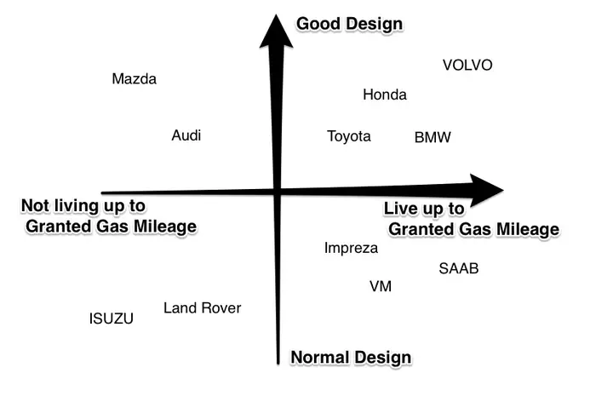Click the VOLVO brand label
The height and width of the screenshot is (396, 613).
click(x=467, y=65)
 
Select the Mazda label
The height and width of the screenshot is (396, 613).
click(x=135, y=79)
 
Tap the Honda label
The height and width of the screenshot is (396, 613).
click(x=385, y=95)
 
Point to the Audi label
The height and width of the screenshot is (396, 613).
click(x=186, y=135)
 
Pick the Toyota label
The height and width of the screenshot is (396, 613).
click(x=349, y=136)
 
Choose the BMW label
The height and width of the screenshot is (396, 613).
click(x=433, y=137)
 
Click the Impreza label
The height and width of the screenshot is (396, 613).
click(x=351, y=248)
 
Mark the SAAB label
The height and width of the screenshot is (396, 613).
click(x=459, y=268)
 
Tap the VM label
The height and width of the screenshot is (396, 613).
click(x=381, y=286)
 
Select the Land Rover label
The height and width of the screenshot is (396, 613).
click(x=202, y=308)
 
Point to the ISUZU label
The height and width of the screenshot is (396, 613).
click(x=112, y=319)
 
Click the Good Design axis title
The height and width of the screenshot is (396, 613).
click(x=350, y=24)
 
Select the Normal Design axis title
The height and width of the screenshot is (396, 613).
click(x=351, y=358)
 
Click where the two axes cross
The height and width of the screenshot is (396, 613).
click(x=278, y=192)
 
